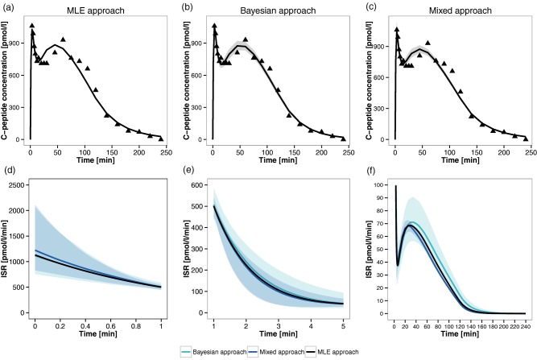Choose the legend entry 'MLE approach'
371,352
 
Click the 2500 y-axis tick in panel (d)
19,185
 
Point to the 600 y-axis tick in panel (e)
202,185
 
